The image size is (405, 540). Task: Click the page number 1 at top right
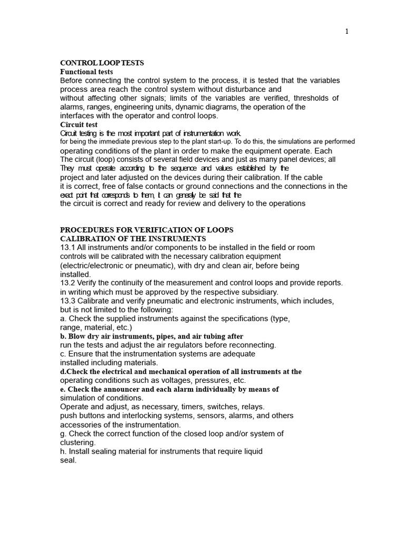[x=346, y=32]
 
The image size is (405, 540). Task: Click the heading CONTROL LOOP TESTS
[x=102, y=63]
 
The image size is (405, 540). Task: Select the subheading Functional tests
[x=86, y=72]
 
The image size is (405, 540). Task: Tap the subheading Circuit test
[x=79, y=125]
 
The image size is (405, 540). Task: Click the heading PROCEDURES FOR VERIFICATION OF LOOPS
[x=147, y=230]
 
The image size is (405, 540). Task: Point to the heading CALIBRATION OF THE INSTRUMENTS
[x=133, y=239]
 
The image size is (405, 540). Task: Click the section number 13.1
[x=67, y=247]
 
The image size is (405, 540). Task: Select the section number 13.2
[x=67, y=283]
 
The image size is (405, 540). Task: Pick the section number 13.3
[x=67, y=301]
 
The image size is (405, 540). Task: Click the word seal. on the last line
[x=69, y=460]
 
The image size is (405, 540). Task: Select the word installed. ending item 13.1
[x=75, y=274]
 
